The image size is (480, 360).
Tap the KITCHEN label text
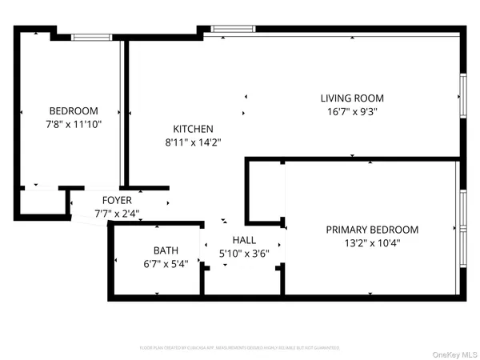(x=194, y=129)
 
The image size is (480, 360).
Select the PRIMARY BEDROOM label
(x=372, y=230)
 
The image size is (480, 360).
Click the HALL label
(x=244, y=240)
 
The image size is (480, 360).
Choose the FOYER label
(x=117, y=200)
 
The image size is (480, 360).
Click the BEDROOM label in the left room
(x=74, y=111)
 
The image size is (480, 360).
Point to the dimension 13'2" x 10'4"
(x=372, y=243)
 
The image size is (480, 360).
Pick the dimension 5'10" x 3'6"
(x=244, y=254)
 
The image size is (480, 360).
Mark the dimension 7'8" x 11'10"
(x=74, y=125)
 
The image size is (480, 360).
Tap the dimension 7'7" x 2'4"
(x=117, y=213)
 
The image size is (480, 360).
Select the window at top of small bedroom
(x=90, y=36)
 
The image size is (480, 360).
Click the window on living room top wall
(x=233, y=29)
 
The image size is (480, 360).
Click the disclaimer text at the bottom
(x=240, y=348)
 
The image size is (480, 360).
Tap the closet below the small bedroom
(x=42, y=203)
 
